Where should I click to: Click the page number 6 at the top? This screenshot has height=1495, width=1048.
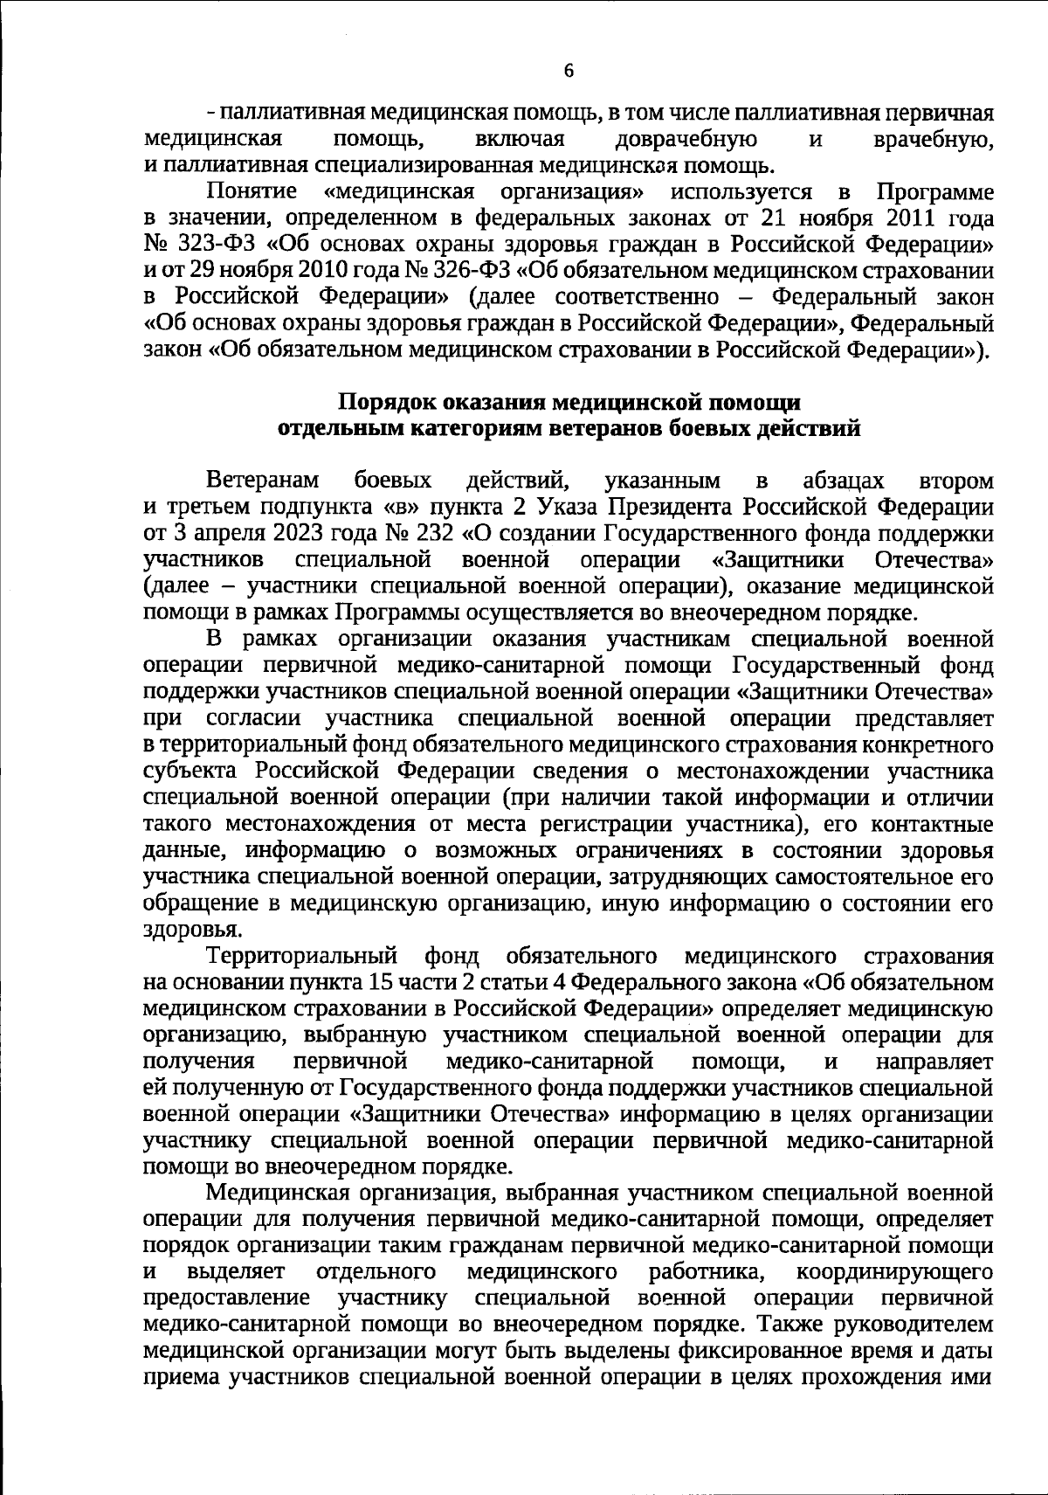[569, 72]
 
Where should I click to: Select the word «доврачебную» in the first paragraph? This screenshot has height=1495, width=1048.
[686, 140]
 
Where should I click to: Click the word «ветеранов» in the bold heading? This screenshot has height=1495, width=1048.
[607, 429]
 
